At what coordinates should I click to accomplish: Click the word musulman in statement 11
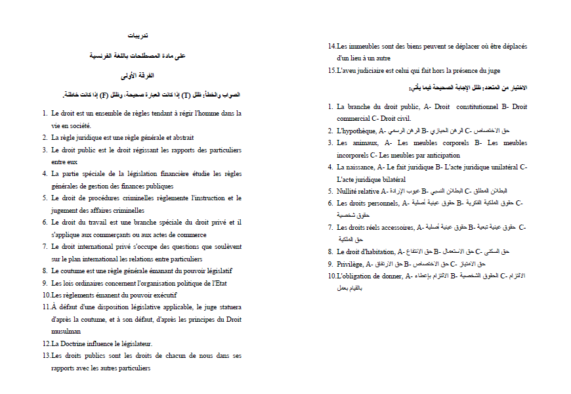66,332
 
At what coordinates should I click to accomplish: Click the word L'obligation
358,276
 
